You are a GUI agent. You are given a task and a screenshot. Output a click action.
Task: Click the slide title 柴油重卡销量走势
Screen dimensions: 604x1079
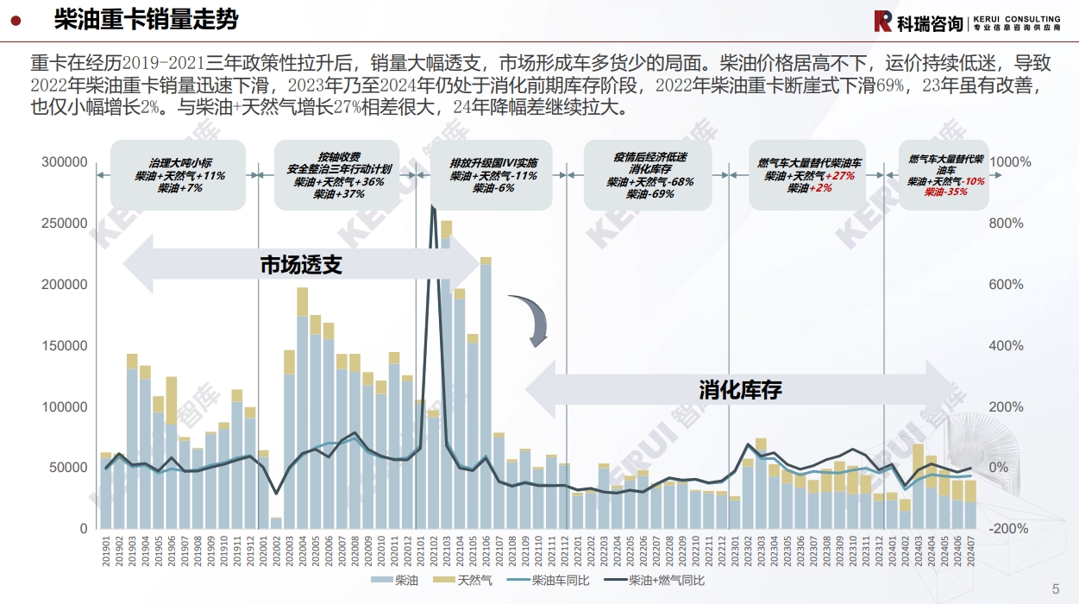pos(146,20)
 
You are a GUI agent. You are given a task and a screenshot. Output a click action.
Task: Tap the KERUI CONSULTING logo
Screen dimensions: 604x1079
pos(966,22)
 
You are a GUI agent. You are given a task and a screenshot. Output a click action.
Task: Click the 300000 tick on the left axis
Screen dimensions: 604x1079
pos(66,162)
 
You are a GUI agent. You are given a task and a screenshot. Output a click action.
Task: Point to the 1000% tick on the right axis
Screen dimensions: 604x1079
pos(1010,162)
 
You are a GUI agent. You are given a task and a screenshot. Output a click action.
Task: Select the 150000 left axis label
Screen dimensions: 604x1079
pos(66,346)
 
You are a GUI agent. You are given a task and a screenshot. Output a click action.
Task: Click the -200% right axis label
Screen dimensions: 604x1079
pos(1007,529)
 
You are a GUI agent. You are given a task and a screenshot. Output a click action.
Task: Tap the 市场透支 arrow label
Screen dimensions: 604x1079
pos(301,265)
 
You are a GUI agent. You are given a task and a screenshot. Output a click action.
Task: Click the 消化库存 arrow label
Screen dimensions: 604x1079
pos(740,389)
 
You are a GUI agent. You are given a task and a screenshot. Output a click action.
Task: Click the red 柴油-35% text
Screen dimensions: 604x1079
pos(945,192)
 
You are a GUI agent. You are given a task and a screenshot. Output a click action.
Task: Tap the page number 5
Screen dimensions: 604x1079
pos(1056,589)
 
